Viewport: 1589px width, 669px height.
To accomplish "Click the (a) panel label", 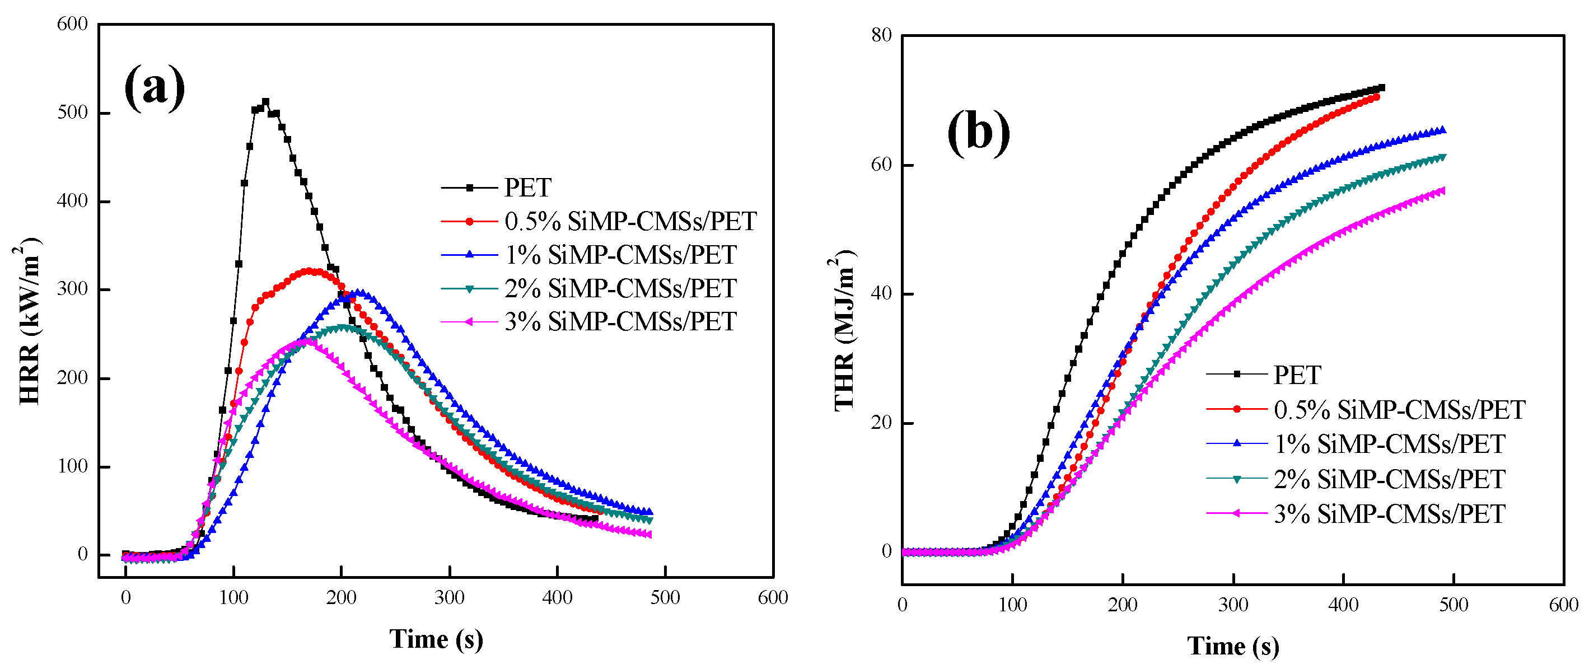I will tap(154, 87).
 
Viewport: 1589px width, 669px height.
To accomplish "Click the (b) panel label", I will tap(978, 132).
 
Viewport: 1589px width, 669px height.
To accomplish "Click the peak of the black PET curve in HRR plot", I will tap(266, 102).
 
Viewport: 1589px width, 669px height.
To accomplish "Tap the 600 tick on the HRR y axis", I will tap(72, 25).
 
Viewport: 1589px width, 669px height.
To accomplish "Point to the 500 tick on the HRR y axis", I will tap(72, 113).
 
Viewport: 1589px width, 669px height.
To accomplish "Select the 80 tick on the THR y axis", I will tap(881, 36).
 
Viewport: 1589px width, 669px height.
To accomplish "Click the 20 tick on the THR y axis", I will tap(881, 423).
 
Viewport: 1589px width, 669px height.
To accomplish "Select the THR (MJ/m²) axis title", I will tap(844, 330).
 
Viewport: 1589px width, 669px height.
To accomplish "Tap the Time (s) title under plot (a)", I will tap(436, 639).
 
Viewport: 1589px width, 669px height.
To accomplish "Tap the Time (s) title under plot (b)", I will tap(1232, 645).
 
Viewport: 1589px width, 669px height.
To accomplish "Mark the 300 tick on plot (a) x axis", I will tap(449, 597).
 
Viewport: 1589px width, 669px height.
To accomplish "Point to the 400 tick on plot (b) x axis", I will tap(1343, 604).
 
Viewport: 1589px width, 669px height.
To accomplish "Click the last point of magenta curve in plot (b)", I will tap(1442, 190).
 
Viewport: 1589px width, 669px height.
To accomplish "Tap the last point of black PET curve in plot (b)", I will tap(1382, 87).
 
